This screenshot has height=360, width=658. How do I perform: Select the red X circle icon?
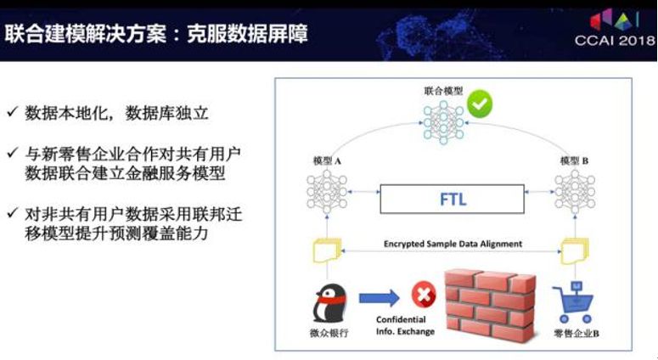coord(422,295)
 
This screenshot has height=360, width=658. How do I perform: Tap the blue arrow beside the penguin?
coord(380,297)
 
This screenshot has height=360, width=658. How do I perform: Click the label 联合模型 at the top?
coord(442,89)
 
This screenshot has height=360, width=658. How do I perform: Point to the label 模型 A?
coord(327,160)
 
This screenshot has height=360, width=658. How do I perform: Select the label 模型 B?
coord(575,160)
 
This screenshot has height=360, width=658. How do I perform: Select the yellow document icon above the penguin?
coord(325,250)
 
